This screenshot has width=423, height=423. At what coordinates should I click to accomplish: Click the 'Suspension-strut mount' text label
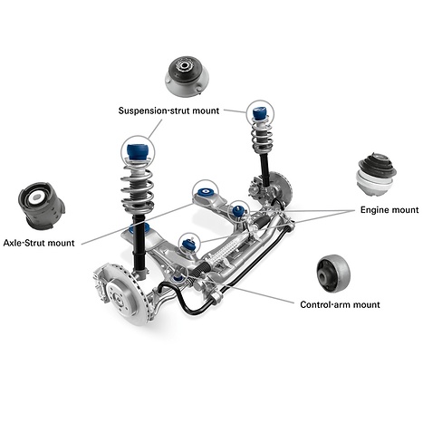pos(168,111)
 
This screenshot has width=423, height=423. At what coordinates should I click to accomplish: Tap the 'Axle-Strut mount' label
pos(39,243)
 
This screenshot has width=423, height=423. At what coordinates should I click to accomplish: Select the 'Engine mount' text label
pos(389,209)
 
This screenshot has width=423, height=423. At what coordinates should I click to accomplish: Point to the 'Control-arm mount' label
pos(340,304)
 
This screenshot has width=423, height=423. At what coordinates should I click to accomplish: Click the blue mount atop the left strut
pos(139,149)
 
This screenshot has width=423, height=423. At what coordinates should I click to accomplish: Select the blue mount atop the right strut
pos(262,115)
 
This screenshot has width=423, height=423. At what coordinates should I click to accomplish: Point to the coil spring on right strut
pos(262,140)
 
